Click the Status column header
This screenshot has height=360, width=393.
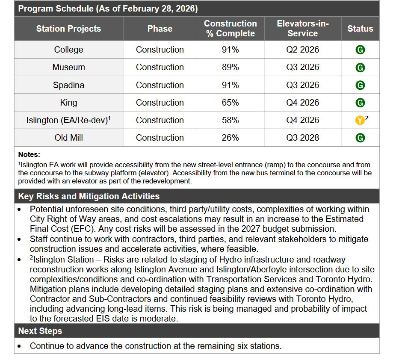click(360, 29)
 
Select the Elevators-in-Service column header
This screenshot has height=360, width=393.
click(302, 29)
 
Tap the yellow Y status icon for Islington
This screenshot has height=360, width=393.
click(360, 121)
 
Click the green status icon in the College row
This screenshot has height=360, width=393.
click(360, 50)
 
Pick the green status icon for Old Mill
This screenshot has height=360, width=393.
click(360, 138)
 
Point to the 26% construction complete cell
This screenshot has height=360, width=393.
click(230, 138)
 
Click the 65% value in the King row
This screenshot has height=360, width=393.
click(230, 103)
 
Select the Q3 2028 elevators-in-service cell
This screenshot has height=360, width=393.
click(302, 138)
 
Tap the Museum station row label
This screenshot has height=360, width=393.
click(68, 67)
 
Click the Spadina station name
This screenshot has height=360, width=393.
click(68, 85)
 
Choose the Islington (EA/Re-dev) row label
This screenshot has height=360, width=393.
click(68, 120)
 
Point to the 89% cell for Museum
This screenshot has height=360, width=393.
click(230, 67)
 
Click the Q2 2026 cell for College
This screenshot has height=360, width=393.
click(302, 50)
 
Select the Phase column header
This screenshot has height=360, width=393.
click(160, 29)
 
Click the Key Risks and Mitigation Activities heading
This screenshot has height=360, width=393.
click(89, 196)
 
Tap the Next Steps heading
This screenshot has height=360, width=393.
click(40, 331)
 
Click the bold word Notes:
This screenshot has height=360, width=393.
click(29, 154)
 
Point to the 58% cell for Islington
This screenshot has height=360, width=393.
click(230, 120)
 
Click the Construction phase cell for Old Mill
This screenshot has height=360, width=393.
click(160, 138)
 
